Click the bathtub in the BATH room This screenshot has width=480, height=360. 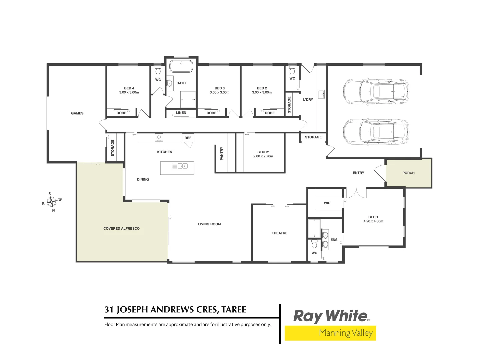pos(181,66)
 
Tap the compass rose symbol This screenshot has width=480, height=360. pos(52,202)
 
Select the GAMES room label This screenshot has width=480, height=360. pos(77,113)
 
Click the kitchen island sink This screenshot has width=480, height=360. pos(180,166)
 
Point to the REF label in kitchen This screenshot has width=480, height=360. pos(188,138)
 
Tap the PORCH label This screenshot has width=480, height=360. pos(408,173)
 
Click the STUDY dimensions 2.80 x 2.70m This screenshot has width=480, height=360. pos(263,156)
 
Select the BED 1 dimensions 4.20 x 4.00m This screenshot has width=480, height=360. pos(373,221)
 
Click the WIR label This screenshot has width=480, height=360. pos(327,203)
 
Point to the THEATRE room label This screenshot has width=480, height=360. pos(279,233)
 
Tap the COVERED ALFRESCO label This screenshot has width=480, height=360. pos(121,229)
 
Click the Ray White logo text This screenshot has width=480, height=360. pos(331,316)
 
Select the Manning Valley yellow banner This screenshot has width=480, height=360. pos(330,333)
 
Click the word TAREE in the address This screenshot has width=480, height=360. pos(234,310)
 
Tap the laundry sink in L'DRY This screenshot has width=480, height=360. pos(321,94)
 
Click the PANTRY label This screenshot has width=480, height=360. pos(222,154)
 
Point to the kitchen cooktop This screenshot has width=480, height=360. pos(159,137)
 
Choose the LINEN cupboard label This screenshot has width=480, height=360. pos(181,113)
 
